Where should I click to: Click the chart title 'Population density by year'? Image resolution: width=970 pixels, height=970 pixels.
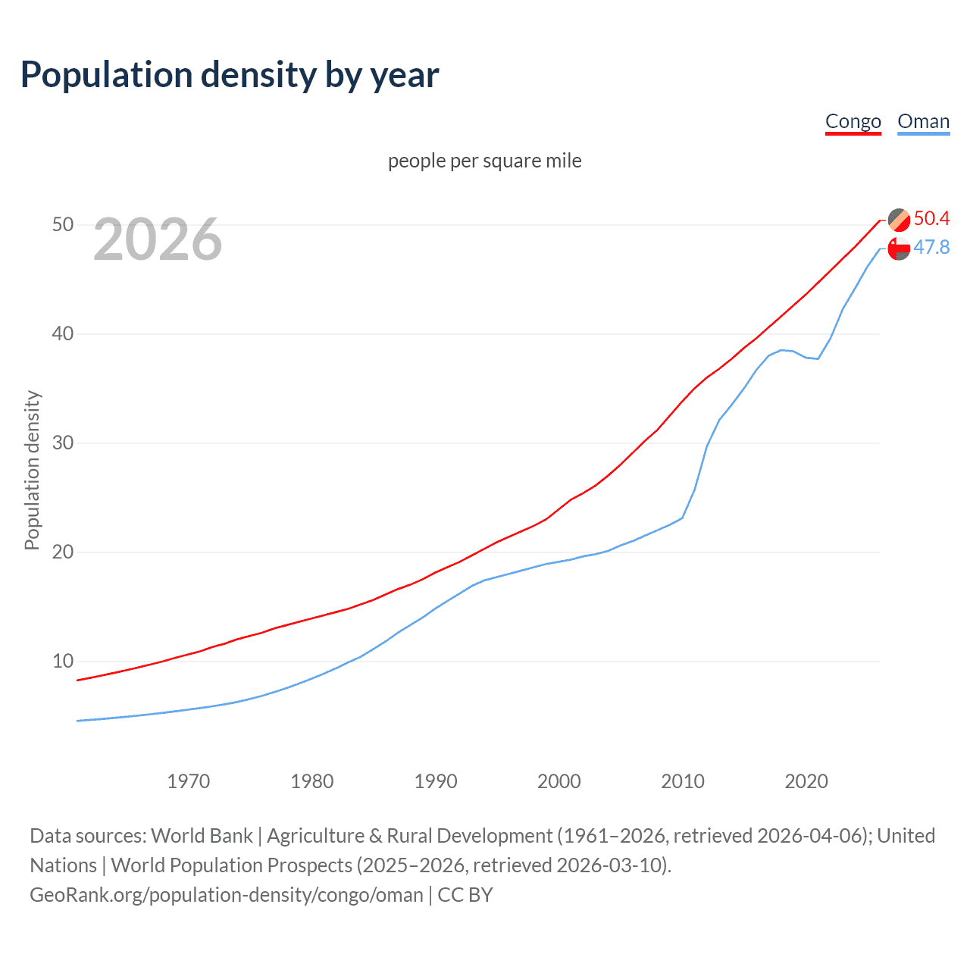pos(230,75)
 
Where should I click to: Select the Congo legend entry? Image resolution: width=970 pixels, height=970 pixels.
pos(853,121)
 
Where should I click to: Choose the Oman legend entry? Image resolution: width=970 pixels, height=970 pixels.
pos(923,121)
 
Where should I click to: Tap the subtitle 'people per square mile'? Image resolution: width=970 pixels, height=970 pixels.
pos(485,161)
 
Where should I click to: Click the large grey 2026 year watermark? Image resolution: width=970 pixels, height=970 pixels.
pos(158,239)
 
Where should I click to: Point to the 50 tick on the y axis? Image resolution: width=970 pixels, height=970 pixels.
pos(63,224)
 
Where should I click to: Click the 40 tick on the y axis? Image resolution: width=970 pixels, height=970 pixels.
pos(63,333)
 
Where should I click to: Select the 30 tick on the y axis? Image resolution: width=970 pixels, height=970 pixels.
pos(63,443)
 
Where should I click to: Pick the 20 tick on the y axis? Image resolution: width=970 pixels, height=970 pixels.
pos(63,552)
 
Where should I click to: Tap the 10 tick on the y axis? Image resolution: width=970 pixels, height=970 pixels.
pos(63,661)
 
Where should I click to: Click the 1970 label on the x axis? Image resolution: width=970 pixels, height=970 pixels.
pos(189,781)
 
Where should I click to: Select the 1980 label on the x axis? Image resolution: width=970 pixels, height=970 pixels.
pos(312,781)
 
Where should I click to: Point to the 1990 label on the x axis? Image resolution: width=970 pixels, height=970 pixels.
pos(436,781)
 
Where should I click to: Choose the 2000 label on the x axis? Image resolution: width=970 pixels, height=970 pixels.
pos(559,781)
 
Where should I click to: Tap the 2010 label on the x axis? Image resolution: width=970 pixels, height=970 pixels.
pos(683,781)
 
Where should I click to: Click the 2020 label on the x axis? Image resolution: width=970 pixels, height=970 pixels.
pos(806,781)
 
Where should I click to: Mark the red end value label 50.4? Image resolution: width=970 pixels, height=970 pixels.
pos(931,219)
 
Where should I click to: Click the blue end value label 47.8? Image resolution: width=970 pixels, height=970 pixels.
pos(931,248)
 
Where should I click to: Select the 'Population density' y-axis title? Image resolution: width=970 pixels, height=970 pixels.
pos(32,470)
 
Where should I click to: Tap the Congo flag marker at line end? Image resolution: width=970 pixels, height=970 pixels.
pos(899,220)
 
